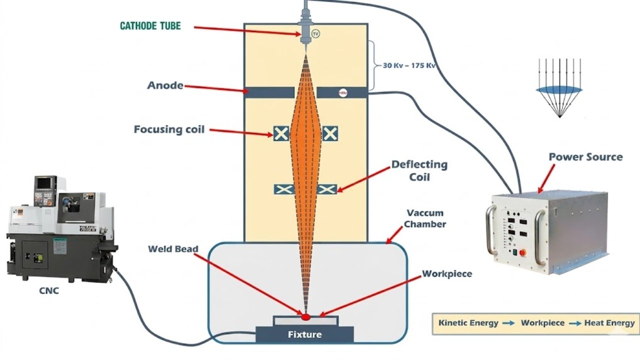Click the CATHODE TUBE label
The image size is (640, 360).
click(150, 25)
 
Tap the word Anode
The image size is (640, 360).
click(165, 85)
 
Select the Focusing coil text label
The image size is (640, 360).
click(169, 129)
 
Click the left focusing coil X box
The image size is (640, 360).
click(281, 133)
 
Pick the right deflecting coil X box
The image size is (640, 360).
click(327, 189)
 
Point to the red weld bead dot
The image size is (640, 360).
click(305, 317)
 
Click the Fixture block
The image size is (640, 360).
click(304, 334)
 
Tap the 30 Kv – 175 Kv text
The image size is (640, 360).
click(409, 65)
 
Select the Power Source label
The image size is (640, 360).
click(585, 157)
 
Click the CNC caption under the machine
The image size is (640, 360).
click(48, 290)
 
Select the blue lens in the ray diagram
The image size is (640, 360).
click(559, 89)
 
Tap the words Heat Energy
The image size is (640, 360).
click(609, 323)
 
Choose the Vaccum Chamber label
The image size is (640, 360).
click(425, 218)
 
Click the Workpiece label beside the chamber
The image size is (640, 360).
click(447, 274)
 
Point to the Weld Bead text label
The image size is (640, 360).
click(173, 249)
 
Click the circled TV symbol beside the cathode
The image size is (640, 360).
click(315, 34)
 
